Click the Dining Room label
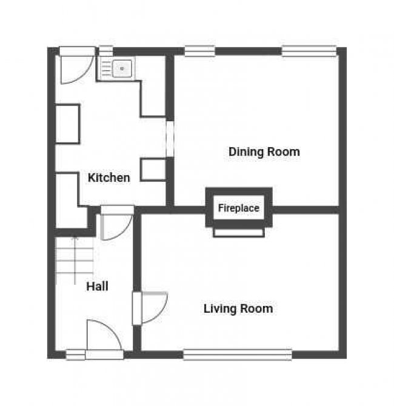(x=264, y=151)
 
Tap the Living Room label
(x=238, y=308)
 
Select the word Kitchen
(x=109, y=178)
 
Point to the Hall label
(x=97, y=287)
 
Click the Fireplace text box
(x=239, y=208)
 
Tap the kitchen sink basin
(x=122, y=68)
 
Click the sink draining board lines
(x=106, y=68)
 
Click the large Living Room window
(x=238, y=354)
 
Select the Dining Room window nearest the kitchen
(x=199, y=51)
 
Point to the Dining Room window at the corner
(x=309, y=51)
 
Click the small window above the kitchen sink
(x=106, y=51)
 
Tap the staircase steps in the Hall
(x=75, y=260)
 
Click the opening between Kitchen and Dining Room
(x=170, y=139)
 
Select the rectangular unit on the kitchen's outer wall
(x=68, y=124)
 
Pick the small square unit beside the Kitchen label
(x=153, y=169)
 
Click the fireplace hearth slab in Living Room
(x=239, y=233)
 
